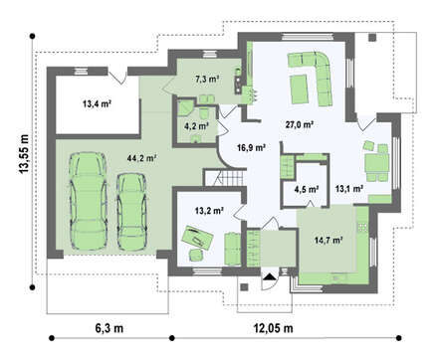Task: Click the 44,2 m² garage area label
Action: click(141, 158)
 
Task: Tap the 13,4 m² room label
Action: click(97, 103)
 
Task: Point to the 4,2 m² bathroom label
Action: click(196, 125)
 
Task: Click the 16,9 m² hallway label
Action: click(251, 147)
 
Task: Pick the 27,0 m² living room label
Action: click(300, 124)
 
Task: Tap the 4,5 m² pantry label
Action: click(307, 189)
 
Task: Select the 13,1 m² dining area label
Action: click(348, 189)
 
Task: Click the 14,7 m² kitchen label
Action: click(328, 240)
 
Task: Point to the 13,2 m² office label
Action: click(209, 210)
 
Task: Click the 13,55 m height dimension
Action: click(24, 154)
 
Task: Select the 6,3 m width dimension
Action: click(109, 328)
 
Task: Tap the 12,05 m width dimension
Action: click(274, 328)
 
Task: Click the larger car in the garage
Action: click(89, 201)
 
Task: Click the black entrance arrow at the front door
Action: click(270, 276)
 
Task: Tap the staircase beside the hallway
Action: click(225, 178)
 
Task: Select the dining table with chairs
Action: click(376, 161)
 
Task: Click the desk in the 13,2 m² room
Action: click(197, 237)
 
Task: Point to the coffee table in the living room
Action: click(299, 90)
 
